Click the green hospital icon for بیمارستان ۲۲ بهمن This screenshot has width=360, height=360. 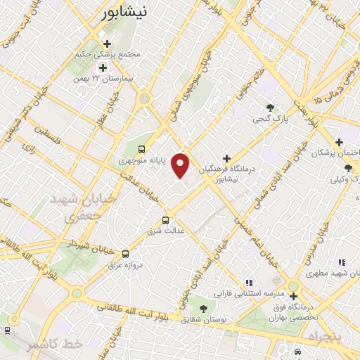(x=103, y=67)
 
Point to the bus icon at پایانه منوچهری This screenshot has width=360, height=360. (x=142, y=149)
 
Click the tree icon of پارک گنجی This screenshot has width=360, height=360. (x=270, y=108)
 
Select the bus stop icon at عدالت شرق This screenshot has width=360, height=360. (x=166, y=219)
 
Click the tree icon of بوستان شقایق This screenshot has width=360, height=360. (x=203, y=308)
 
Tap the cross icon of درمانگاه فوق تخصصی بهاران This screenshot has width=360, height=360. (x=292, y=297)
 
